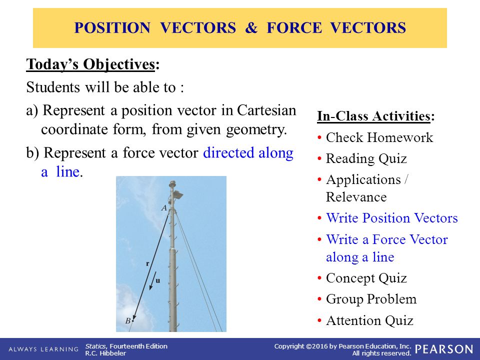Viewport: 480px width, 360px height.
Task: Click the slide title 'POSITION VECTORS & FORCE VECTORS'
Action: pos(240,28)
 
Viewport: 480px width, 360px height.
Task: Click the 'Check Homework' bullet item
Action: pos(379,137)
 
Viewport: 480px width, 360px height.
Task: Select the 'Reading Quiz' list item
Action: pos(366,158)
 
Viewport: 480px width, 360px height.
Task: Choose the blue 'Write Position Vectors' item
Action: pos(391,218)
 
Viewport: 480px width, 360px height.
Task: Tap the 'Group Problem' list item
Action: pos(371,299)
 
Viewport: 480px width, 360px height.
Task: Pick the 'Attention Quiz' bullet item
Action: pos(369,320)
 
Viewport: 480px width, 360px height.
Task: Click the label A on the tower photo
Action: pos(164,208)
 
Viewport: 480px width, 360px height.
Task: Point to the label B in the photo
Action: pos(128,320)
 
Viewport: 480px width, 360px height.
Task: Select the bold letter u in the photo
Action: pos(158,280)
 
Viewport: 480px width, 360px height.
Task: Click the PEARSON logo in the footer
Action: pos(443,349)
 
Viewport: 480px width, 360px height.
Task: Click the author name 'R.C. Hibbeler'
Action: pos(106,353)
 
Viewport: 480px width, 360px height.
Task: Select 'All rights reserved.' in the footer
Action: pos(381,353)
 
